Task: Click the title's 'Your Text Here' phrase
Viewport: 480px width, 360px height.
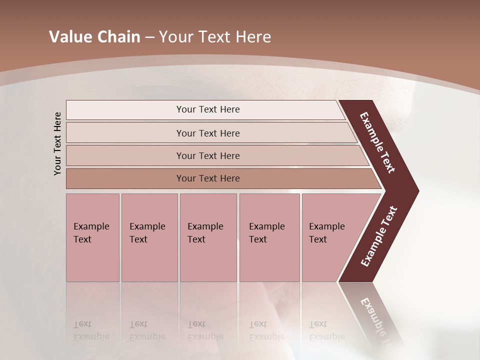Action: pyautogui.click(x=215, y=37)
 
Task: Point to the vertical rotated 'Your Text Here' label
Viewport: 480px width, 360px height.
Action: pyautogui.click(x=57, y=143)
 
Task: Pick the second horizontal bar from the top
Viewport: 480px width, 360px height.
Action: pyautogui.click(x=207, y=133)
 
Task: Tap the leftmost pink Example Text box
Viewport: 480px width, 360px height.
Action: pyautogui.click(x=92, y=237)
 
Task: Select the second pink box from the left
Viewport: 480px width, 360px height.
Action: pyautogui.click(x=149, y=237)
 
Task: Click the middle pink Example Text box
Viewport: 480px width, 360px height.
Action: pyautogui.click(x=208, y=237)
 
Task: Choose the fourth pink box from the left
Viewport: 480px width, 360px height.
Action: pyautogui.click(x=269, y=237)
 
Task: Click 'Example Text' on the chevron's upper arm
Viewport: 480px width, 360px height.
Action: pyautogui.click(x=377, y=142)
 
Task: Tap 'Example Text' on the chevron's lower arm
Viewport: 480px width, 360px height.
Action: pyautogui.click(x=378, y=236)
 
